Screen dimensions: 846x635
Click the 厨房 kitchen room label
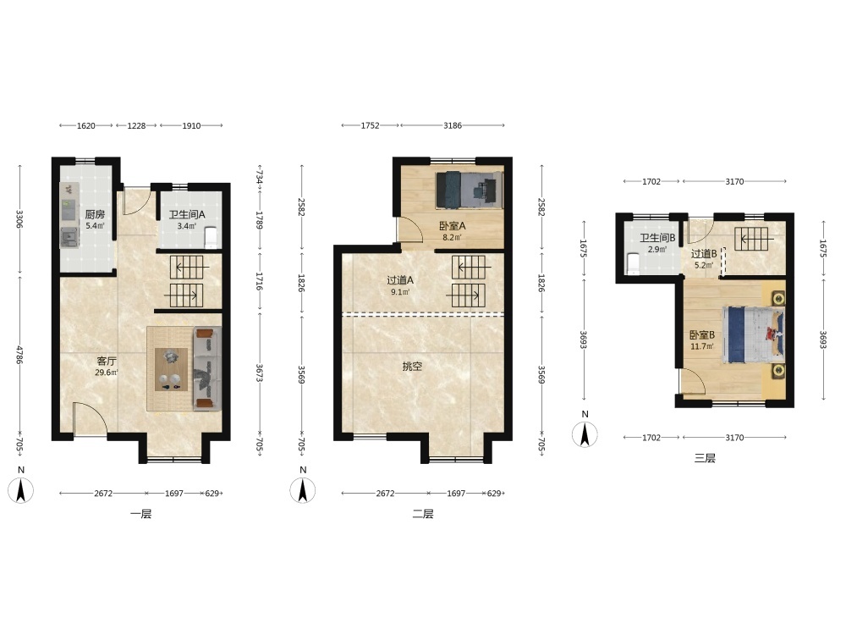[95, 214]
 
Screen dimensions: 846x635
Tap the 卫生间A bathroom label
[187, 214]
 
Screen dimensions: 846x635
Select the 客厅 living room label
[107, 362]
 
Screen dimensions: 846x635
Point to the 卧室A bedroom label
[452, 226]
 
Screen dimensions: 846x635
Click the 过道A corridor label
[400, 280]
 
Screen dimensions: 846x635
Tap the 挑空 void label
[412, 367]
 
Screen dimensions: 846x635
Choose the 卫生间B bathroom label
[657, 238]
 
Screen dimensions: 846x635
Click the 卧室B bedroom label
[702, 334]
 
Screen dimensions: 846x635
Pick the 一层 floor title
[140, 514]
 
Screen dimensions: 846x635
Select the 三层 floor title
[705, 458]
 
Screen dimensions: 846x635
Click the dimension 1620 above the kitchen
[85, 126]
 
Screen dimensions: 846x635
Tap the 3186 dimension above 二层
[452, 126]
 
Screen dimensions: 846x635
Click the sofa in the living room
[207, 369]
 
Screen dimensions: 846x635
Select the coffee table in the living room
[172, 369]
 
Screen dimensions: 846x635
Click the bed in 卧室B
[753, 334]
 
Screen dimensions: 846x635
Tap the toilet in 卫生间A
[211, 238]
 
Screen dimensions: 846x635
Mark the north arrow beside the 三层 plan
[585, 434]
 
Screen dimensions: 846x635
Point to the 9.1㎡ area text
[400, 292]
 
